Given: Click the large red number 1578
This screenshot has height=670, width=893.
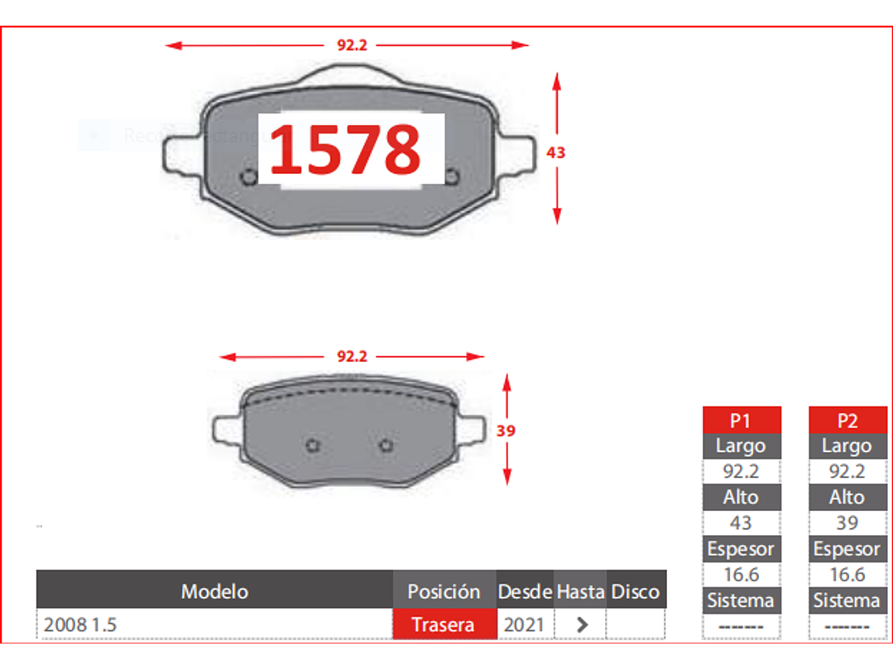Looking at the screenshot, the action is click(346, 149).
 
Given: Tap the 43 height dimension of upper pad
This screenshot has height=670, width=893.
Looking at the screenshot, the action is click(556, 152).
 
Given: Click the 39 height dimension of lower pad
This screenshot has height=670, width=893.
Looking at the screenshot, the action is click(506, 431).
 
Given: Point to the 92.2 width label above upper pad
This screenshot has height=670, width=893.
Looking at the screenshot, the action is click(352, 45).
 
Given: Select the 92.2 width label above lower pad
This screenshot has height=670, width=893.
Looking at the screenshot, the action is click(352, 357).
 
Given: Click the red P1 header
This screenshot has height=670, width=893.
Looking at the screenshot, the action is click(742, 420).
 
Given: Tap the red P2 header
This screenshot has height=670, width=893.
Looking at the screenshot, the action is click(847, 420).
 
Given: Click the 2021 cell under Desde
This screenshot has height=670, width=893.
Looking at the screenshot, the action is click(524, 625).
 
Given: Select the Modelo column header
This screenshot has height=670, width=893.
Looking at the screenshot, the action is click(214, 591).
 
